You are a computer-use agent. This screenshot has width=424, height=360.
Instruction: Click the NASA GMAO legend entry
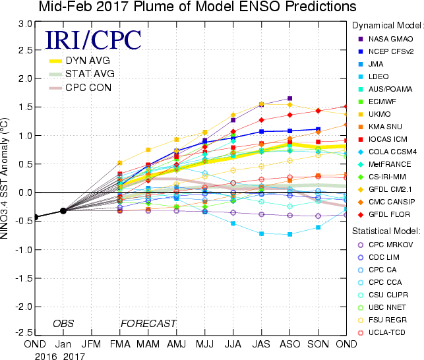pyautogui.click(x=390, y=39)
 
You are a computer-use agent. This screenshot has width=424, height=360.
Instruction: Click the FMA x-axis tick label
pyautogui.click(x=119, y=344)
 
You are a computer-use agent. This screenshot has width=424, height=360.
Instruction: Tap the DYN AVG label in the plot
pyautogui.click(x=90, y=59)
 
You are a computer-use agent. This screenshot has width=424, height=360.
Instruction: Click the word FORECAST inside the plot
pyautogui.click(x=148, y=323)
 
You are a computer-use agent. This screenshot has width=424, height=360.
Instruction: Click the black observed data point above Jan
pyautogui.click(x=63, y=210)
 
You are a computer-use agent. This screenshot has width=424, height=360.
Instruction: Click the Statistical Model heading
pyautogui.click(x=386, y=231)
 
